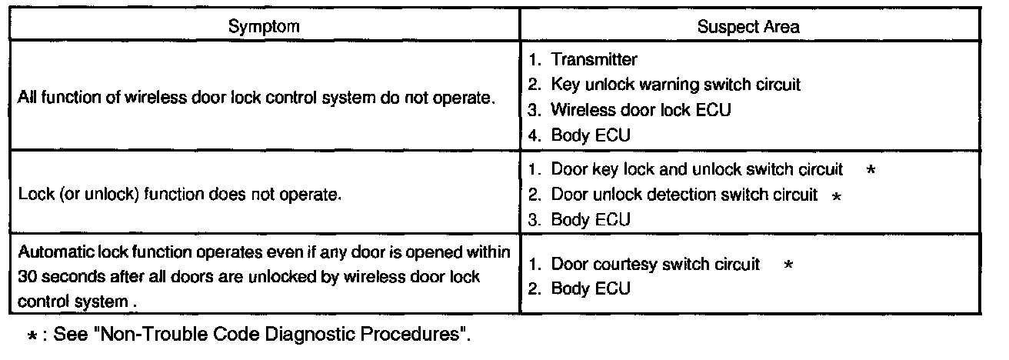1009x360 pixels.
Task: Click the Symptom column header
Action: [x=264, y=27]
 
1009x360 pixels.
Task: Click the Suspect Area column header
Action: [x=748, y=27]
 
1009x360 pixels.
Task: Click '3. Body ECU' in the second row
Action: [x=580, y=220]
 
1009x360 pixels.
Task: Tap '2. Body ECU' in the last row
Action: [x=580, y=289]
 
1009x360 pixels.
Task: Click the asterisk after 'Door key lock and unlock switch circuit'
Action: [x=869, y=170]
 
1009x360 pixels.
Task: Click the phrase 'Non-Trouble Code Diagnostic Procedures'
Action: [x=295, y=335]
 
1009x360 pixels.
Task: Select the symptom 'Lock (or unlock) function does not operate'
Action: [x=180, y=195]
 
